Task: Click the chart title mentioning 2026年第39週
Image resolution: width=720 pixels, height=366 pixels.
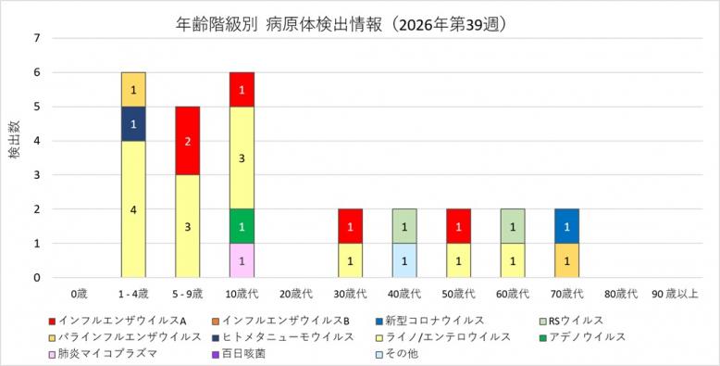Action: click(x=342, y=25)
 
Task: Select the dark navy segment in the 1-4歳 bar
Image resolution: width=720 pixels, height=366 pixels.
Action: click(x=133, y=123)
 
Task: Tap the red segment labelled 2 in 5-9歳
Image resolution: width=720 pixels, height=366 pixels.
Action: click(x=188, y=141)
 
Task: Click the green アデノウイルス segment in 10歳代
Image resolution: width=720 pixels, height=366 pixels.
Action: click(x=242, y=226)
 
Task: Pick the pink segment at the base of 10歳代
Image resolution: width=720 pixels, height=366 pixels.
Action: click(x=242, y=260)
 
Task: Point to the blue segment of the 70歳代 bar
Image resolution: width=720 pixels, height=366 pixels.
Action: click(x=567, y=226)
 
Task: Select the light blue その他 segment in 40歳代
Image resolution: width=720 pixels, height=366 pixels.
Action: click(x=404, y=260)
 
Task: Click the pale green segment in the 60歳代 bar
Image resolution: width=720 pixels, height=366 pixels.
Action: click(x=513, y=226)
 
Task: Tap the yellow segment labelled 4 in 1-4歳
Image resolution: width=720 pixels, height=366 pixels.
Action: click(x=133, y=209)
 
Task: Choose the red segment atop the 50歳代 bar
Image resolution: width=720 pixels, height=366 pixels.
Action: click(x=459, y=226)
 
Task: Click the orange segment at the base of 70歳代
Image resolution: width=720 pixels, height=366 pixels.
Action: click(x=567, y=260)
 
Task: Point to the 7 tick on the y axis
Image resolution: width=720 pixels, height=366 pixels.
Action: click(x=37, y=38)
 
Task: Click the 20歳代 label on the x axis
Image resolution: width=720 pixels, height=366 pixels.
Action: click(x=296, y=295)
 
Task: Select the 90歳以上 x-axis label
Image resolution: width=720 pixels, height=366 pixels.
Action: click(x=675, y=295)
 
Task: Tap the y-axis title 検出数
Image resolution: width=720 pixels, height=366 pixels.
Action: click(x=15, y=140)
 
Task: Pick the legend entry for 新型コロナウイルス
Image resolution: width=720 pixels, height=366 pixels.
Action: click(x=429, y=321)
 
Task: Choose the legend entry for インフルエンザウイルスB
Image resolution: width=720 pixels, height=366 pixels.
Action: click(x=281, y=321)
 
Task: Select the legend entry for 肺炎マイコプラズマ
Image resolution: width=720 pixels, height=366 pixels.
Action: click(x=104, y=354)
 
